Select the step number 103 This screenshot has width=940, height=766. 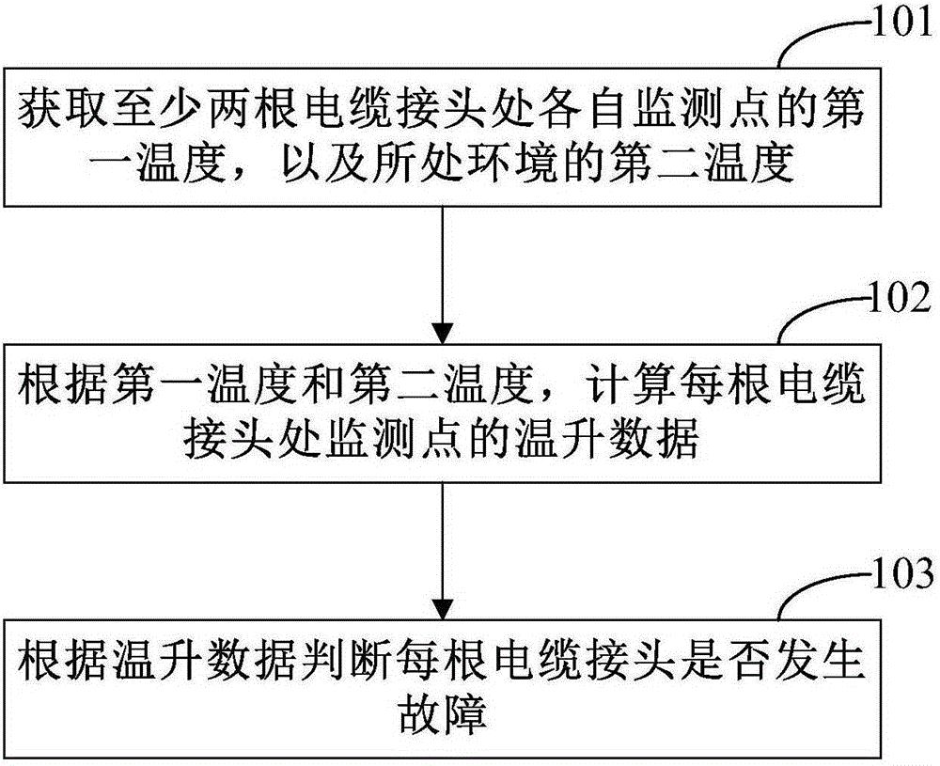coord(901,572)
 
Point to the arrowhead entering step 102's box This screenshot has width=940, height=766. coord(443,334)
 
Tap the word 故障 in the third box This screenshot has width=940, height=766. coord(443,714)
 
